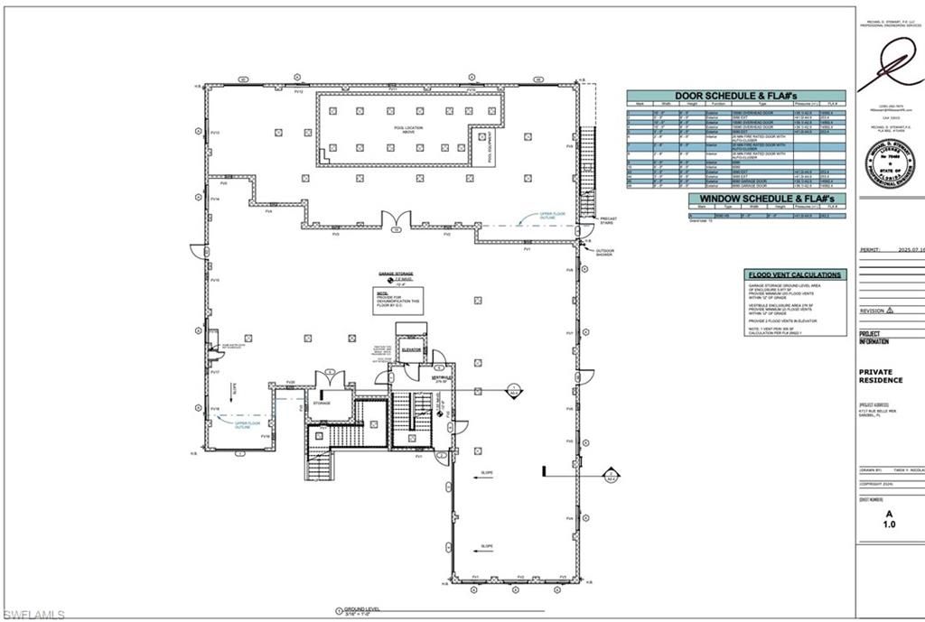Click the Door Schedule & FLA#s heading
coord(736,96)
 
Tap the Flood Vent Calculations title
coord(796,274)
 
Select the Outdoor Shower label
coord(604,253)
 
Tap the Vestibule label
coord(441,377)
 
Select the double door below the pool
coord(395,219)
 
